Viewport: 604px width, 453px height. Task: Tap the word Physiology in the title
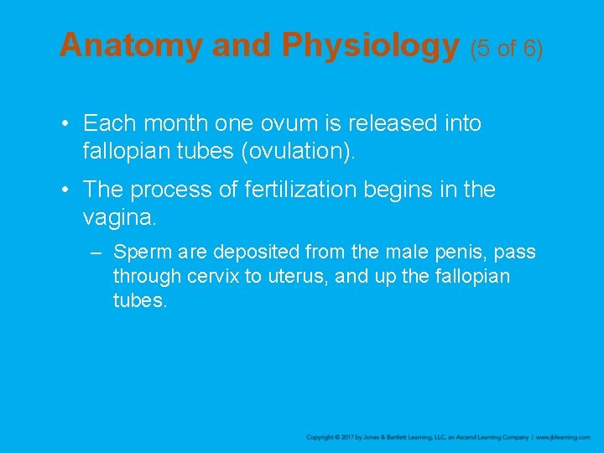point(370,45)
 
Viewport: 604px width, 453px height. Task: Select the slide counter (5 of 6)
point(507,48)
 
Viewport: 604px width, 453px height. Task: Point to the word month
point(176,123)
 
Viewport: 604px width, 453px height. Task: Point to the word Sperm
point(139,252)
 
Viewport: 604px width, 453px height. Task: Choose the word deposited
point(254,252)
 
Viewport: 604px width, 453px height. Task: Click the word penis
point(457,252)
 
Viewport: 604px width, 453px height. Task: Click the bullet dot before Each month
point(65,124)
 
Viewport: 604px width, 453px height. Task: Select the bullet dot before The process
point(65,190)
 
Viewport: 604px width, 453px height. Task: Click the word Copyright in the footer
point(323,438)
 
